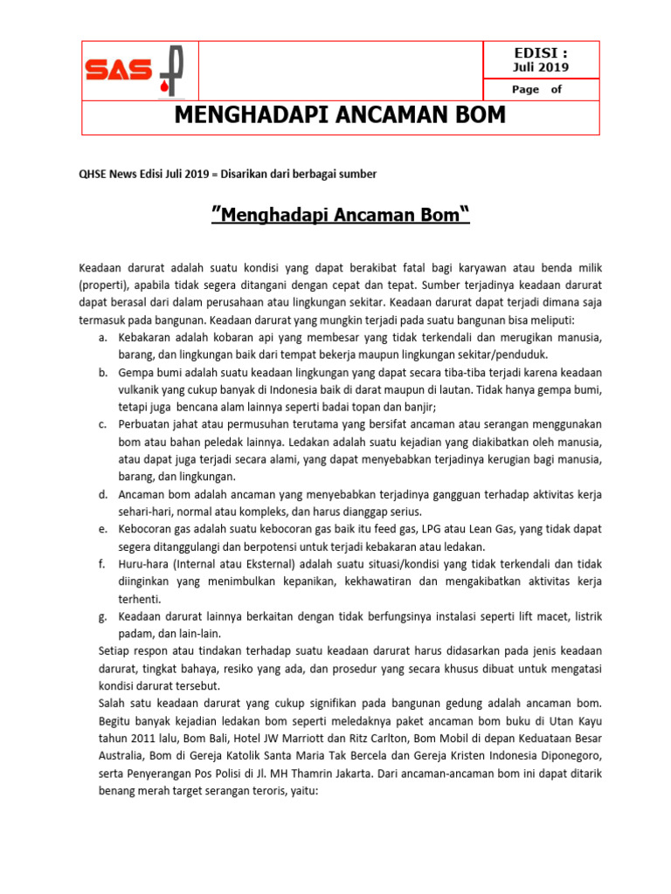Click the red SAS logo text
click(118, 71)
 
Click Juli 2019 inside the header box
click(540, 67)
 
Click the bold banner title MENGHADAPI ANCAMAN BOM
click(340, 116)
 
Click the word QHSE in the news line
click(95, 174)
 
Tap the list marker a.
click(102, 337)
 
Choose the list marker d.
click(102, 494)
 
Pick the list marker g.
click(102, 616)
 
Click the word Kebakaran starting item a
click(144, 337)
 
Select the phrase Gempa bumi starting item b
click(148, 372)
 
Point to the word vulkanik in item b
click(142, 389)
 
